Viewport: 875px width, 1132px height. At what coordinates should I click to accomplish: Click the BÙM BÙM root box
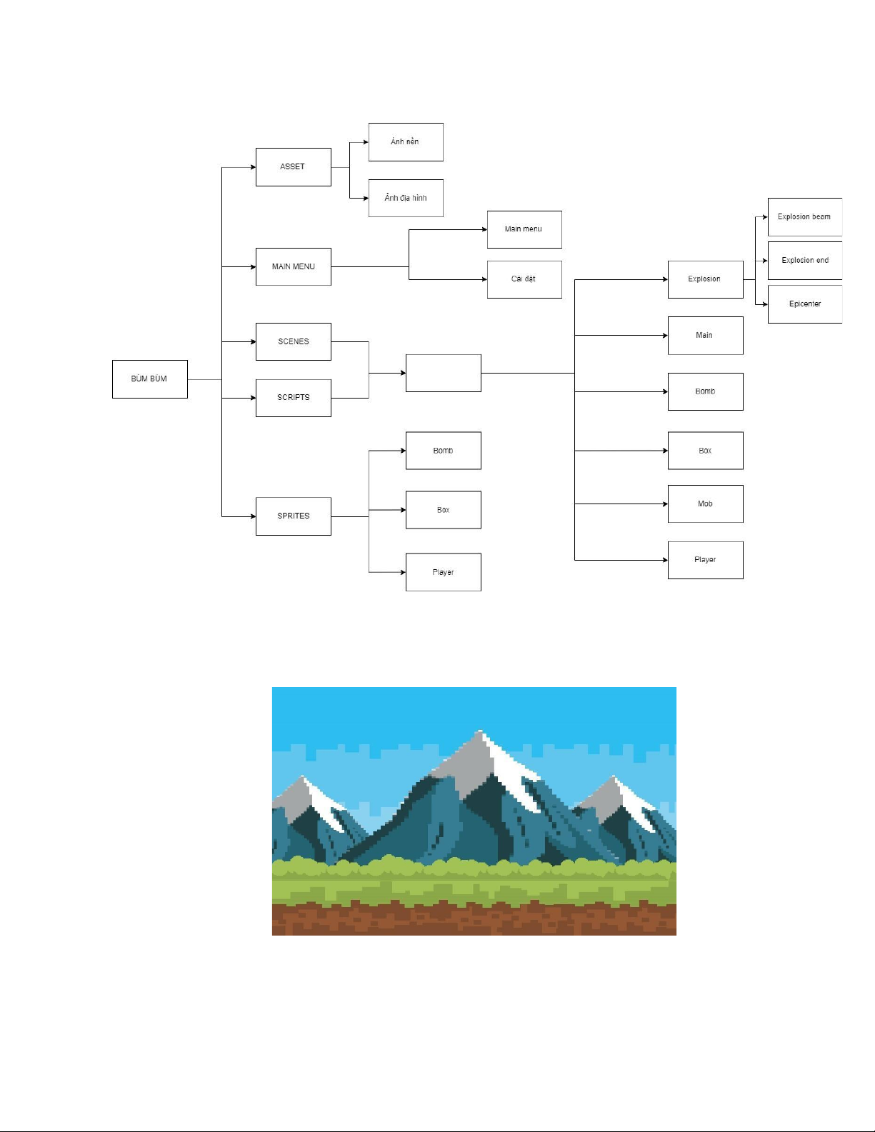(x=149, y=379)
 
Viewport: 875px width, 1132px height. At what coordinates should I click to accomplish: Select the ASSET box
(x=294, y=166)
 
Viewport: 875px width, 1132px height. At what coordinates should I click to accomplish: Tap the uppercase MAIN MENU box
(x=294, y=266)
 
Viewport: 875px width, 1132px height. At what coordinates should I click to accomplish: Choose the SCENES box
(x=294, y=341)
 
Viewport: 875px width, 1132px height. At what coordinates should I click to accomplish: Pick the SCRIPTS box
(x=294, y=398)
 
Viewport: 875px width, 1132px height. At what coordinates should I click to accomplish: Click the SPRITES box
(x=294, y=516)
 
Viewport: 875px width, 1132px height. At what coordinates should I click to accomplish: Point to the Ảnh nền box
(x=406, y=141)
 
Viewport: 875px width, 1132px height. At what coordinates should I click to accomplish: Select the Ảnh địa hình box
(x=406, y=198)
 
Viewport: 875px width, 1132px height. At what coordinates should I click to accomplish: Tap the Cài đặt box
(x=524, y=279)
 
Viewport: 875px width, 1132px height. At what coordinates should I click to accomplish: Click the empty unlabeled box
(x=444, y=373)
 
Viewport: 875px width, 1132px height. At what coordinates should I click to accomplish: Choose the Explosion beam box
(x=805, y=216)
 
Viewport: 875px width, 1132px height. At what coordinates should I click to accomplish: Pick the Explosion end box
(x=805, y=261)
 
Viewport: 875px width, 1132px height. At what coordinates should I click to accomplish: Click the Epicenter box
(x=805, y=304)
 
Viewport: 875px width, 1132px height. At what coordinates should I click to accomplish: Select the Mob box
(x=706, y=504)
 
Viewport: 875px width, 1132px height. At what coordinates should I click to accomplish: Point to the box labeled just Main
(x=706, y=336)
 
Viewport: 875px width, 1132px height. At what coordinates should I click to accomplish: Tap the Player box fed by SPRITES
(x=444, y=572)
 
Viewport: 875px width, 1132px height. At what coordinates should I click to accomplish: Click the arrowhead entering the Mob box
(x=665, y=504)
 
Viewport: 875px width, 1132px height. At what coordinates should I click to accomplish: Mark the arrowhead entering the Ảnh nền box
(x=366, y=141)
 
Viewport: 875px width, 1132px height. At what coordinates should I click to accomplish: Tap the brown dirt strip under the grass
(x=474, y=920)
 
